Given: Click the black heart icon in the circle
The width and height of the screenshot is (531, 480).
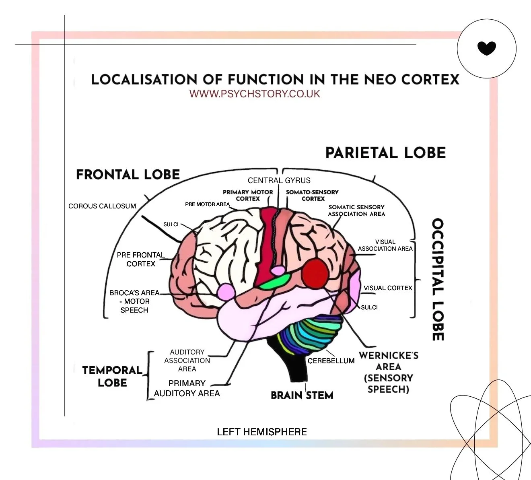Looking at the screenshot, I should tap(486, 48).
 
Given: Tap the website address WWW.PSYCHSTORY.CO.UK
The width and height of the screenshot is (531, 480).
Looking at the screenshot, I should tap(255, 94).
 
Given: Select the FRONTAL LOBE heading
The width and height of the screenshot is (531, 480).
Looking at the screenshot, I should tap(128, 174).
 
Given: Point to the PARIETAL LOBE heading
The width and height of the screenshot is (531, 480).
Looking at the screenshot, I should tap(385, 153).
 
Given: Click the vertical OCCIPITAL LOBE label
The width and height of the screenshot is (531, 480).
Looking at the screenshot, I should tap(438, 280).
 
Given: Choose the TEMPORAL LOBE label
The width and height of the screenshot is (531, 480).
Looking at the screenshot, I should tap(112, 376).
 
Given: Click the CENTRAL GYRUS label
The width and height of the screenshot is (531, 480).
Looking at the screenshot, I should tap(279, 181).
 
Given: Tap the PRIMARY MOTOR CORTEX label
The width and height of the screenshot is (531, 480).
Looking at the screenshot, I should tap(248, 196).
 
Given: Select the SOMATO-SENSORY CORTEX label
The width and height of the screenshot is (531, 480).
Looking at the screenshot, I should tap(312, 196).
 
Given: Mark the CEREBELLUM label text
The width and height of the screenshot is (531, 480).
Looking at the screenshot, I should tap(331, 361).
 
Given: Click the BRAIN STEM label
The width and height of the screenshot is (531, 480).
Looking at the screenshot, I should tap(302, 396).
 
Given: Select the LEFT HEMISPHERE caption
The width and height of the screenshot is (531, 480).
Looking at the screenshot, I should tap(261, 432).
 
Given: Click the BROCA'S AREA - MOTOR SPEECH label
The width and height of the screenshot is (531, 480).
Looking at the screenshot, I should tap(134, 301).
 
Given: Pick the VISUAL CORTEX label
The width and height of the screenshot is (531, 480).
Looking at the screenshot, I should tap(388, 288).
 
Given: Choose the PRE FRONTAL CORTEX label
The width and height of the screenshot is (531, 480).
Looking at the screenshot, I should tap(141, 260).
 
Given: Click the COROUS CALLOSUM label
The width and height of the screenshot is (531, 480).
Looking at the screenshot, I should tap(102, 206).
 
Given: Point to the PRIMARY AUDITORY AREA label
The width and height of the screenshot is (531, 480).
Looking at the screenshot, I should tap(187, 388).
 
